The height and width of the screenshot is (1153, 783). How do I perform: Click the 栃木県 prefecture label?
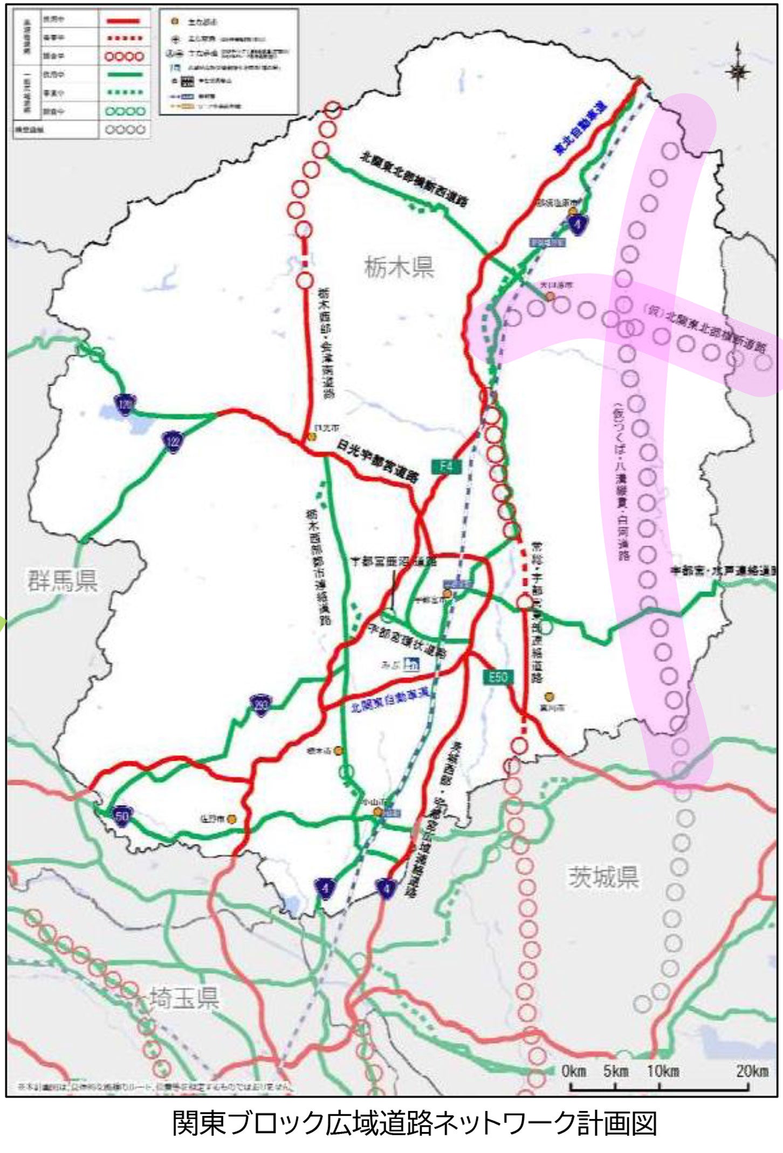tap(399, 267)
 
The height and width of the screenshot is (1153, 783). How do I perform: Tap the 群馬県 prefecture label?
tap(63, 581)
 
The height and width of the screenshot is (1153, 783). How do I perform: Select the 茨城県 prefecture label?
tap(603, 877)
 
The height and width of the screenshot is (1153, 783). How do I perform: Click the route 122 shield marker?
tap(173, 442)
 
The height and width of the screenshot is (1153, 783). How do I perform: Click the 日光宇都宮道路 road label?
tap(378, 461)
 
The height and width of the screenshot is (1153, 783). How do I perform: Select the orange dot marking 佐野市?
tap(232, 819)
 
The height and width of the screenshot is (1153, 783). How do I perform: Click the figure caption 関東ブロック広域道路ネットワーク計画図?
tap(414, 1125)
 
